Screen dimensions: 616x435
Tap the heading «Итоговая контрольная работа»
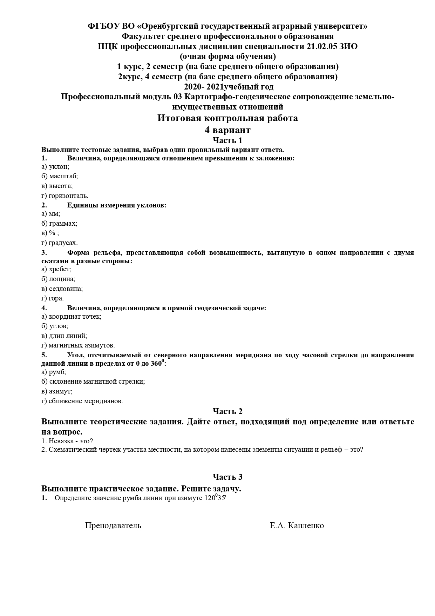point(227,118)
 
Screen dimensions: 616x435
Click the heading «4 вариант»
point(227,130)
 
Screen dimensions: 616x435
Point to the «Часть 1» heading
point(227,141)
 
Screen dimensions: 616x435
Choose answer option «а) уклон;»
point(55,167)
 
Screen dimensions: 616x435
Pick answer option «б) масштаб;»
point(59,176)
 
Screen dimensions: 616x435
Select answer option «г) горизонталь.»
point(64,196)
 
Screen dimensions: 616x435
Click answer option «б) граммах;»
point(59,223)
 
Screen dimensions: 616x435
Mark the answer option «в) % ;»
point(50,233)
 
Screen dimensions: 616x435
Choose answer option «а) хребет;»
point(56,269)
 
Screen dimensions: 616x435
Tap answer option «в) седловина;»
point(62,289)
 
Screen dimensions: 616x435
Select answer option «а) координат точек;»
point(71,316)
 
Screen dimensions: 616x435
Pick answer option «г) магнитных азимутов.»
point(78,345)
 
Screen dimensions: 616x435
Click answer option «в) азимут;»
point(57,391)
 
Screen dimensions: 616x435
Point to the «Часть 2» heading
point(227,411)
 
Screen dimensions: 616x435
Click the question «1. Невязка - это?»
point(67,441)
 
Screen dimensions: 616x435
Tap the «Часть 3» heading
point(227,477)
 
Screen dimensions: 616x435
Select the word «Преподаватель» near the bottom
point(113,525)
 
